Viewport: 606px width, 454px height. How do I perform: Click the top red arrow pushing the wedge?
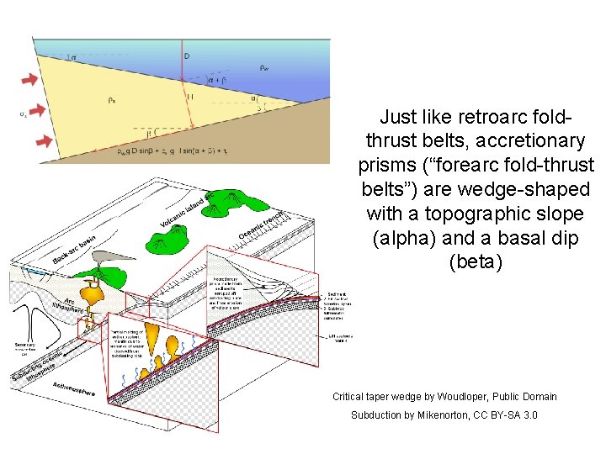[29, 78]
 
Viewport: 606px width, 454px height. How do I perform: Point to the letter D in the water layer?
[187, 56]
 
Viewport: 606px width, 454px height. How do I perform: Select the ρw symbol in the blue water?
[263, 68]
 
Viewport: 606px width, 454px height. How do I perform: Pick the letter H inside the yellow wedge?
[190, 98]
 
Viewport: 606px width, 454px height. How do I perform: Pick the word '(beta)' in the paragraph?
[476, 263]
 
